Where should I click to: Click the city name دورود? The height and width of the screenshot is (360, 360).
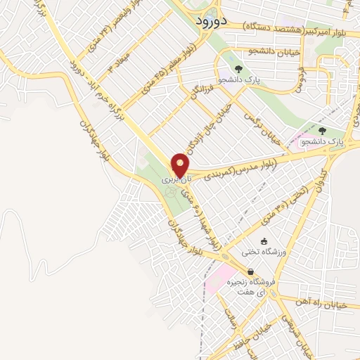pyautogui.click(x=210, y=22)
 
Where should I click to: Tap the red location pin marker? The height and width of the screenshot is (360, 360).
pyautogui.click(x=180, y=165)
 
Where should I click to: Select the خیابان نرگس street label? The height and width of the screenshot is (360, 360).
pyautogui.click(x=261, y=127)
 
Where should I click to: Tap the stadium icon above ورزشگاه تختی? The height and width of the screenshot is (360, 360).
pyautogui.click(x=264, y=241)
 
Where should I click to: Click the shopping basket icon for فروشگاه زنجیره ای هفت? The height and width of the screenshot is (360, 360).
pyautogui.click(x=250, y=272)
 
